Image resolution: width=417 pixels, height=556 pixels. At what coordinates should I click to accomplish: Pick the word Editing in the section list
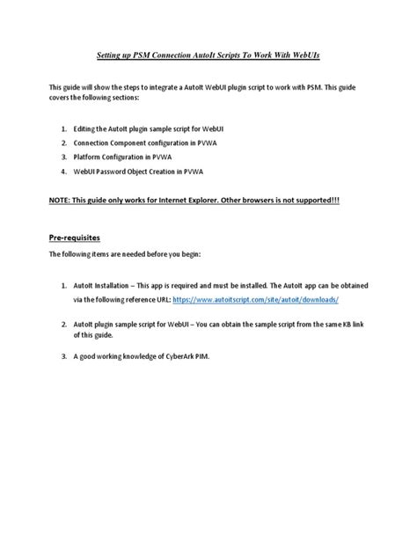87,128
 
